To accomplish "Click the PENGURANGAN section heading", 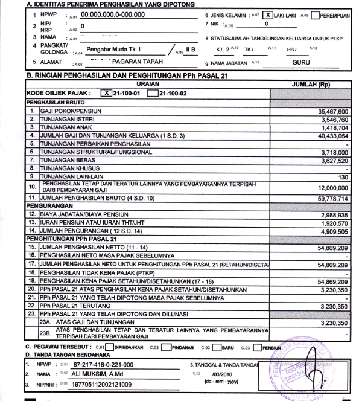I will click(x=46, y=207).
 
